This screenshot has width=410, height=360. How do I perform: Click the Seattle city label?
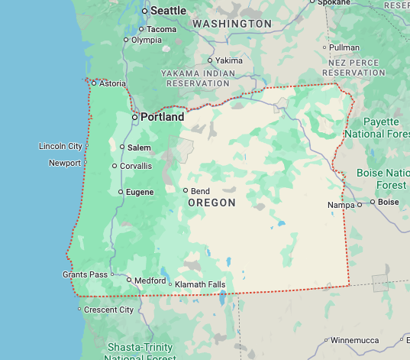[x=168, y=11]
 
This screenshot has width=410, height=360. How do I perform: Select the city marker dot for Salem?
[x=122, y=147]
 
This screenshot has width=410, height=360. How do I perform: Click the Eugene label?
[x=139, y=192]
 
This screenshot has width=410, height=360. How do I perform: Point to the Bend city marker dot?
[x=185, y=190]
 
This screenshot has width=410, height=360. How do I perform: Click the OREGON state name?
[x=211, y=203]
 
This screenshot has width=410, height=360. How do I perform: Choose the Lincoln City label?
[x=60, y=146]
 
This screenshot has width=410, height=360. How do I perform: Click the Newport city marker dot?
[x=86, y=162]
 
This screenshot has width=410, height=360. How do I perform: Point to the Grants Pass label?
[x=85, y=274]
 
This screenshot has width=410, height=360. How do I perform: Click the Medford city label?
[x=150, y=281]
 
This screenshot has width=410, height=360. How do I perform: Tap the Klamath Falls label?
[x=200, y=284]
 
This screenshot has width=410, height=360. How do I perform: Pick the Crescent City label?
[x=108, y=310]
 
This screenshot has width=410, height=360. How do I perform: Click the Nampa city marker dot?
[x=360, y=205]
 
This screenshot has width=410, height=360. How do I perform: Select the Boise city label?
[x=389, y=202]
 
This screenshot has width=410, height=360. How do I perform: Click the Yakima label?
[x=229, y=60]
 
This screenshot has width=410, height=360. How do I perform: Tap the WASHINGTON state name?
[x=232, y=24]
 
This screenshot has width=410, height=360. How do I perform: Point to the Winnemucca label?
[x=357, y=340]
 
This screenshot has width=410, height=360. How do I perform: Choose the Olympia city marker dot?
[x=127, y=40]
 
